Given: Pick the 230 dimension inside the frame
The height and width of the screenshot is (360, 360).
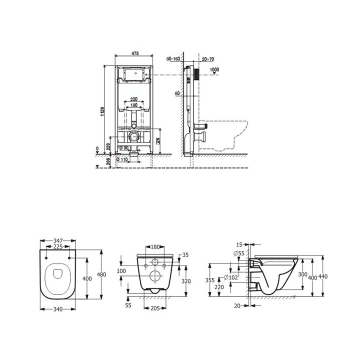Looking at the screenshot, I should coord(133,99).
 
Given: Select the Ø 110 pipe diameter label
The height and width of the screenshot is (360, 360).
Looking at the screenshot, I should coord(122,160).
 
